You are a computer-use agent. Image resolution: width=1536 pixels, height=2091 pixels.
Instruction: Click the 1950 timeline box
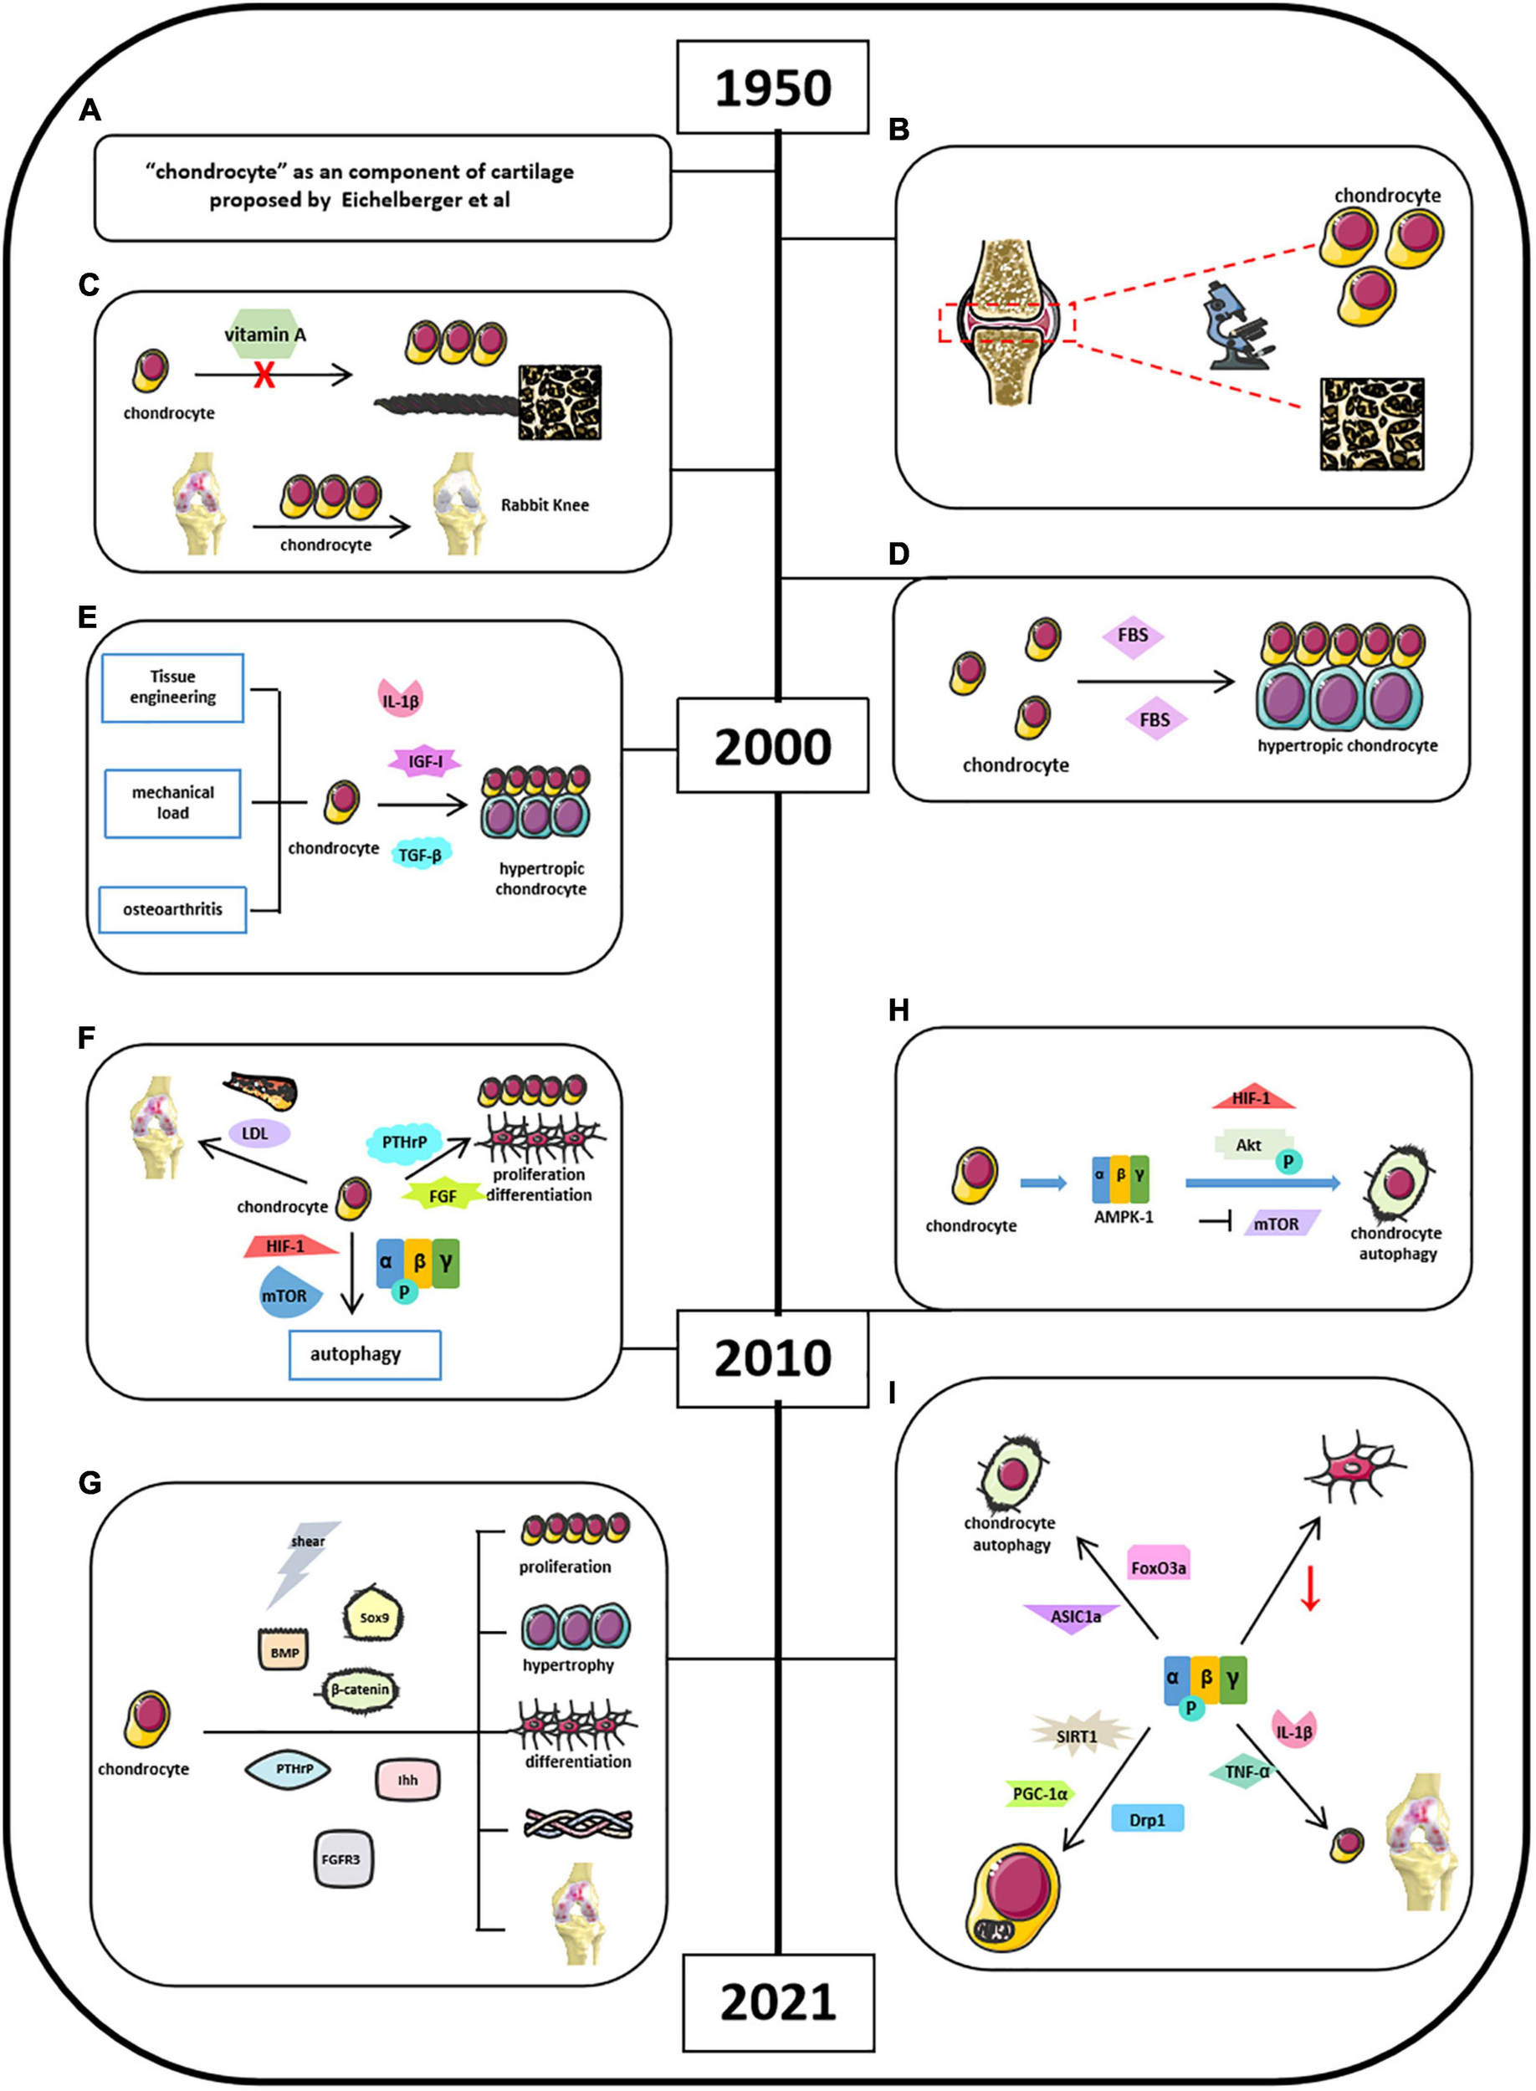pos(773,86)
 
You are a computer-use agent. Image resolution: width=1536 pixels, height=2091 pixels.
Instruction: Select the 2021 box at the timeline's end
pos(778,2002)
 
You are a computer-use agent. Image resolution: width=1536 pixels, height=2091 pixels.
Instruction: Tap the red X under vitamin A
pos(264,375)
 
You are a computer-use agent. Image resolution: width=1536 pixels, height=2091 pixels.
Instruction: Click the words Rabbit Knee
pos(544,505)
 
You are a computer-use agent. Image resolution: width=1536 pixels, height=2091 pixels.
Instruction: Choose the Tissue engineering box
pos(173,688)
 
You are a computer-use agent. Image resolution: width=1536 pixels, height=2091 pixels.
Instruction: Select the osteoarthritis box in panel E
pos(173,910)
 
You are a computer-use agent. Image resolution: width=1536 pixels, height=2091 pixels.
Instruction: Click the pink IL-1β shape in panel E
pos(401,698)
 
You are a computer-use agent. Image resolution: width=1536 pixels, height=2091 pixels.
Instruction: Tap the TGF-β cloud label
pos(420,853)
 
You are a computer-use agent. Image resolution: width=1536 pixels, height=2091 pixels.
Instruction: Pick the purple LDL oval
pos(259,1132)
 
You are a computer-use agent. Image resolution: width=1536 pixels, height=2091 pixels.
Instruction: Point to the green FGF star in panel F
pos(443,1195)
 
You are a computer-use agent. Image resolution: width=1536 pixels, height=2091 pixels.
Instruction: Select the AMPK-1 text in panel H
pos(1124,1216)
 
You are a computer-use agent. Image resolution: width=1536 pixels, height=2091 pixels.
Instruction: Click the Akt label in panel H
pos(1249,1145)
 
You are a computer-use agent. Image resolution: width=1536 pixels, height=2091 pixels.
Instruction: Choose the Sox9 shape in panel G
pos(375,1617)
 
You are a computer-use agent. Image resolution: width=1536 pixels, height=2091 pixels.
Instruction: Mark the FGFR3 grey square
pos(340,1858)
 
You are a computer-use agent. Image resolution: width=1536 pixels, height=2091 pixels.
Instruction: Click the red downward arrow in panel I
pos(1310,1587)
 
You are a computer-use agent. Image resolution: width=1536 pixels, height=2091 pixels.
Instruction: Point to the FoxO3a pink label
pos(1159,1567)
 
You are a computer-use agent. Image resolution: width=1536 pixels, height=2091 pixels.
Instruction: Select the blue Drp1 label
pos(1147,1821)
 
